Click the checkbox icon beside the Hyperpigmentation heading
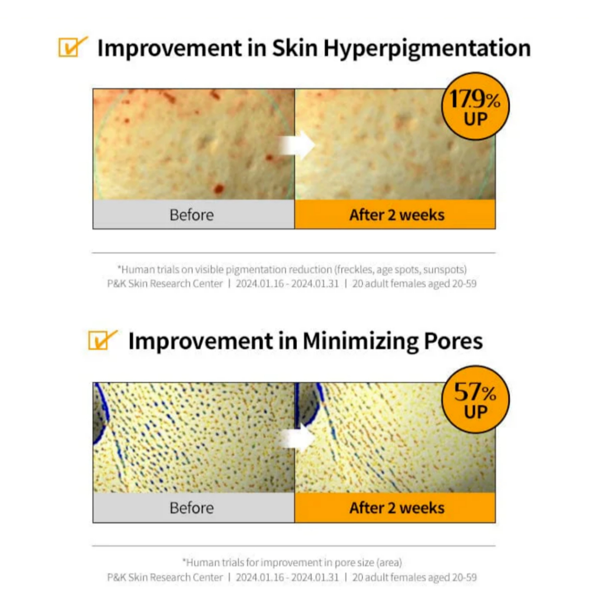(72, 47)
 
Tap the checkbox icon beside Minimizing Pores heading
(102, 339)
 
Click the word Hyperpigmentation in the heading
(427, 49)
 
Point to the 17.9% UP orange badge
(475, 106)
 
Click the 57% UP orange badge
(475, 399)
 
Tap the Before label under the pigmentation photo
(192, 215)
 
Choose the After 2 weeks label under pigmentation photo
(397, 215)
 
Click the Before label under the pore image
(192, 508)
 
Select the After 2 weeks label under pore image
(397, 508)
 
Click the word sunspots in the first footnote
(445, 270)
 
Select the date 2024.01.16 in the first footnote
(260, 284)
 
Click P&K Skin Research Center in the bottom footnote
(165, 578)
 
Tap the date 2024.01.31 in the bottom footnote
(315, 578)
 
